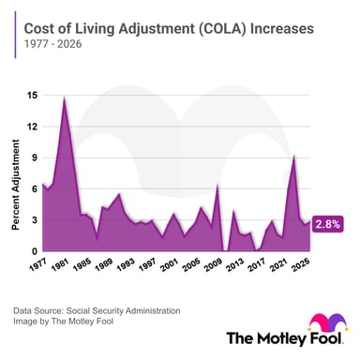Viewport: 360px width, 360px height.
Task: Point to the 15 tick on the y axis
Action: pyautogui.click(x=33, y=95)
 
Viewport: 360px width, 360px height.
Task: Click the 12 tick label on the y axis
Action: pyautogui.click(x=33, y=127)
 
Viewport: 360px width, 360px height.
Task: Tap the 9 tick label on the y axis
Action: pyautogui.click(x=35, y=157)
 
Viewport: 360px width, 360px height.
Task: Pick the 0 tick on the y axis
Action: pyautogui.click(x=35, y=251)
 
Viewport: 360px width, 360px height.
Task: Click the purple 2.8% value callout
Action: pyautogui.click(x=327, y=224)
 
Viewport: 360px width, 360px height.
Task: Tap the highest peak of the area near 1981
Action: pyautogui.click(x=64, y=97)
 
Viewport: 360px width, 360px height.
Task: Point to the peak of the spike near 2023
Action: pyautogui.click(x=294, y=156)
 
